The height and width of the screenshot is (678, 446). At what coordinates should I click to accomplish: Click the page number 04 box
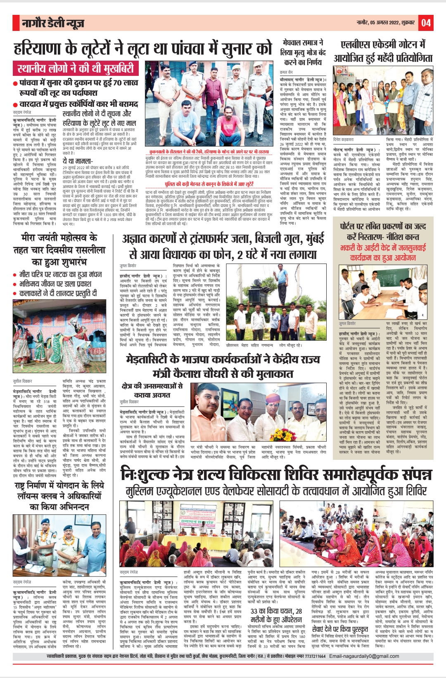(426, 23)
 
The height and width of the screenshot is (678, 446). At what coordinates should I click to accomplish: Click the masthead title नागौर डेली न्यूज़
(53, 23)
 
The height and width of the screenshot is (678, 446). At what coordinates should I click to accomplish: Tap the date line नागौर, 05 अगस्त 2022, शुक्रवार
(386, 23)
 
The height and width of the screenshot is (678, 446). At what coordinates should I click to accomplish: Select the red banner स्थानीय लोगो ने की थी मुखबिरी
(76, 68)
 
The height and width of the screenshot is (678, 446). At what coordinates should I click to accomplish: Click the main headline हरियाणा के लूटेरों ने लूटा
(143, 48)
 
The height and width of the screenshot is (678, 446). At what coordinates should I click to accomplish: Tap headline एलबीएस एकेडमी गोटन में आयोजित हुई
(383, 51)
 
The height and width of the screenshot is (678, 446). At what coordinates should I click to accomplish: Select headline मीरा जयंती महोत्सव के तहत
(59, 250)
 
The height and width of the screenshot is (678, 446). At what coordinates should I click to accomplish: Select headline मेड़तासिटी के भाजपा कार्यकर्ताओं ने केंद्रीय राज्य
(223, 366)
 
